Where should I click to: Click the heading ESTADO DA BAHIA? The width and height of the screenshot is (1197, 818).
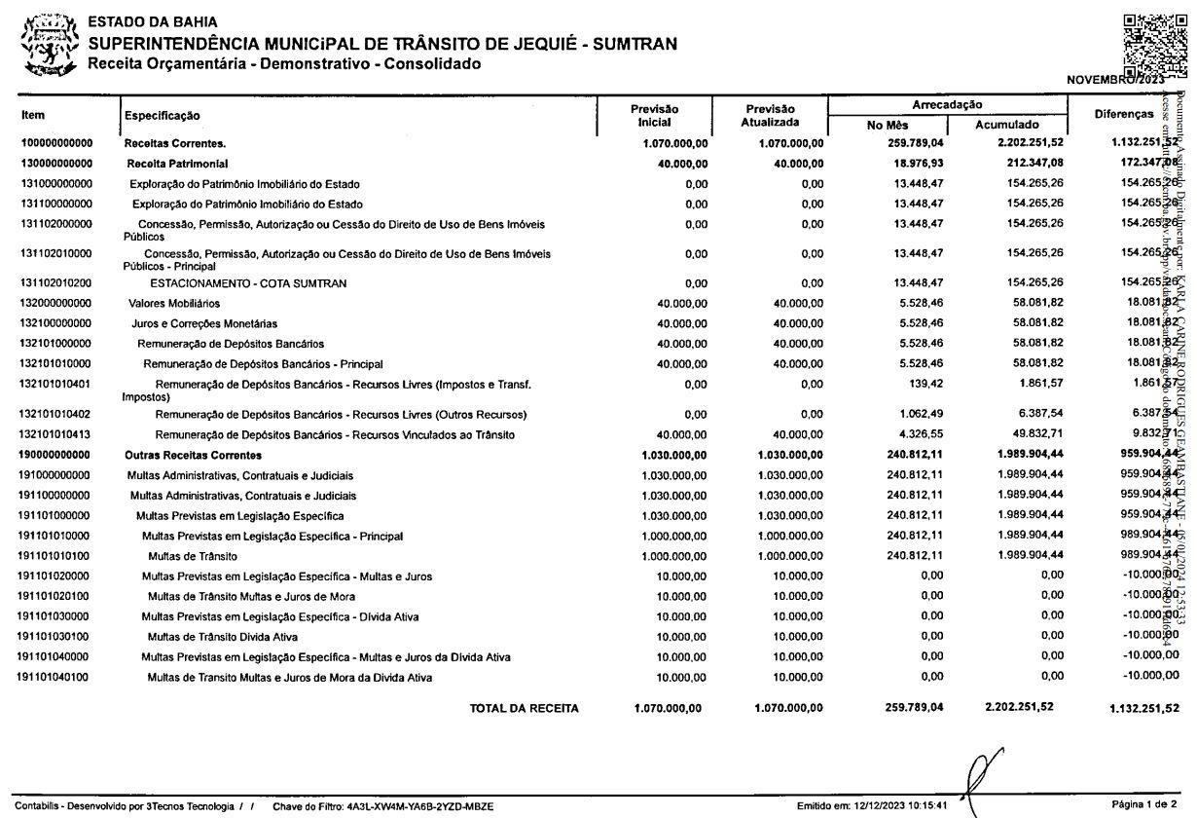click(153, 21)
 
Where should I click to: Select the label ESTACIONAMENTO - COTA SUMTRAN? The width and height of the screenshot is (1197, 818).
click(249, 283)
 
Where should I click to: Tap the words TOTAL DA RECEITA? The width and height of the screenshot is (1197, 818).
click(525, 708)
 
